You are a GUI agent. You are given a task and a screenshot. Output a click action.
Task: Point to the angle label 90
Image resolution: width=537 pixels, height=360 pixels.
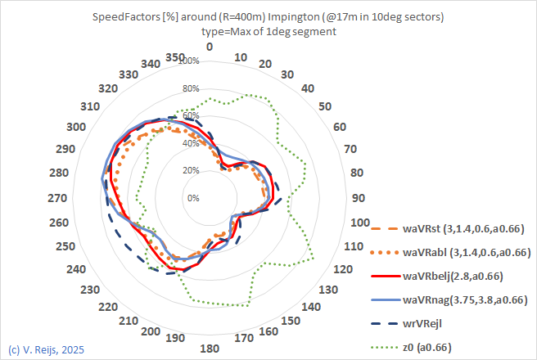(x=357, y=198)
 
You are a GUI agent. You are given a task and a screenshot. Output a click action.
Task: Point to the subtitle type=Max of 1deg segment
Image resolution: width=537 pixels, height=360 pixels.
(x=268, y=32)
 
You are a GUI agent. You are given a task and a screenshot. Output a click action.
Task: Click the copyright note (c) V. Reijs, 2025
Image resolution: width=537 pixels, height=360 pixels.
(x=46, y=349)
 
